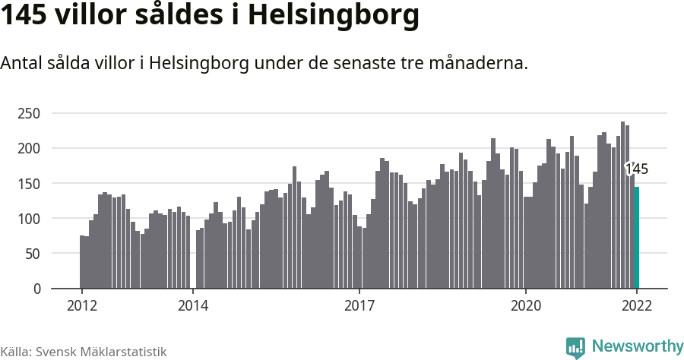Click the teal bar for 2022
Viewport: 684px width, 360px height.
(637, 238)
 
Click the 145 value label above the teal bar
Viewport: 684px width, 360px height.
(637, 169)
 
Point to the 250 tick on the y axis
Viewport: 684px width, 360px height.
(29, 114)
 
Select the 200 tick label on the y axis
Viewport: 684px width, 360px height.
(29, 149)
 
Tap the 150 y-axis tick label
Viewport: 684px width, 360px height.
(29, 184)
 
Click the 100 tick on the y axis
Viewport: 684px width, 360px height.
(29, 219)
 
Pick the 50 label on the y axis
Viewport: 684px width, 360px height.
(32, 254)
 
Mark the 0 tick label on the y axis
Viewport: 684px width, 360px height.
(36, 289)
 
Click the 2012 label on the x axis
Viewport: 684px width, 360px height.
(81, 306)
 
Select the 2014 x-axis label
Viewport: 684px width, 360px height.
(193, 306)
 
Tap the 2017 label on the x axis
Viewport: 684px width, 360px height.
(359, 306)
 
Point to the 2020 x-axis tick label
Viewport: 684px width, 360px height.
(526, 306)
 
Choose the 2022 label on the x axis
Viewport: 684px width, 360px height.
(637, 306)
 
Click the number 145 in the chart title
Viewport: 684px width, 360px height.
(24, 14)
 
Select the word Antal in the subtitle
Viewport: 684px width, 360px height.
(21, 64)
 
